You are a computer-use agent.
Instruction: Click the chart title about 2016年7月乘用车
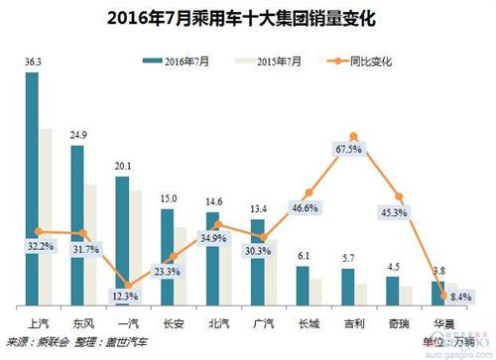coord(247,17)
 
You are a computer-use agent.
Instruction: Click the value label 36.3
coord(32,62)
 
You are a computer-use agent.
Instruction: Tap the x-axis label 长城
coord(307,321)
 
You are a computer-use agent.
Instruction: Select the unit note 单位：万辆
coord(436,342)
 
